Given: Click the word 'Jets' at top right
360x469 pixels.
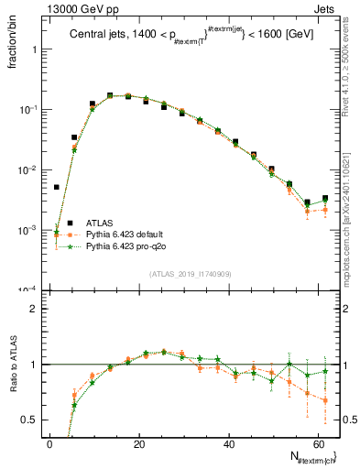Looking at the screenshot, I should [327, 8].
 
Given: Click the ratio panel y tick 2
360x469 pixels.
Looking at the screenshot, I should [32, 309].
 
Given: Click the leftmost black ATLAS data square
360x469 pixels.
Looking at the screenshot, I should [57, 187].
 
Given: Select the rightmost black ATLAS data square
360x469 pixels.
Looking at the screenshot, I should [325, 198].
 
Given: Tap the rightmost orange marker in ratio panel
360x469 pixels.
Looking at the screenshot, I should [325, 400].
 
